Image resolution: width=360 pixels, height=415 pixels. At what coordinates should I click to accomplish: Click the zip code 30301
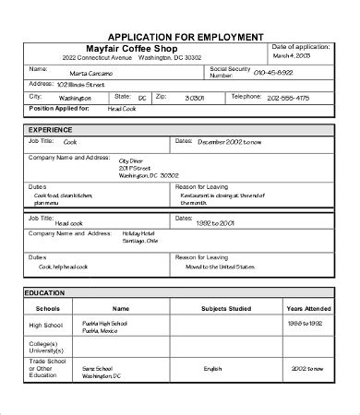(195, 97)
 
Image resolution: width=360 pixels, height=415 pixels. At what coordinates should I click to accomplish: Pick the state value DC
(143, 98)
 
